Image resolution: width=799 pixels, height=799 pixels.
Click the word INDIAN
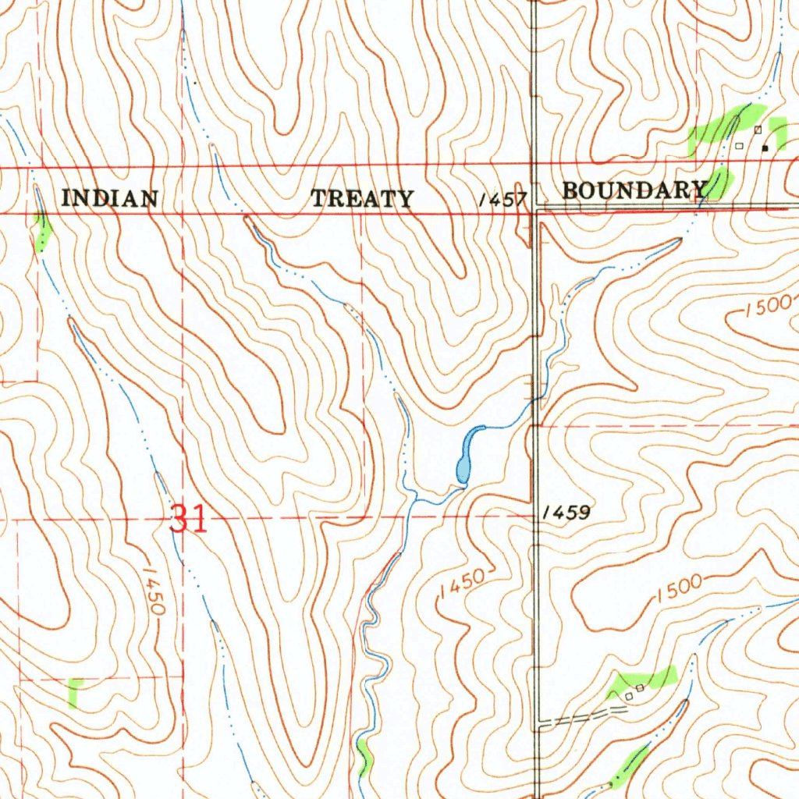coord(110,198)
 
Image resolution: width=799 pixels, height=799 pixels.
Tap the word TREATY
coord(362,199)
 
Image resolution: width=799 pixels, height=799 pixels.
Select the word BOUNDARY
coord(633,190)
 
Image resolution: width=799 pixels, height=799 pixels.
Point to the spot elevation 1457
coord(504,201)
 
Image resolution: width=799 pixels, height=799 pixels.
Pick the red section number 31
coord(189,518)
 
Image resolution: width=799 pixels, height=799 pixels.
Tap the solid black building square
coord(765,147)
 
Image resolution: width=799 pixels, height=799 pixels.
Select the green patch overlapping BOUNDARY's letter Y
coord(717,183)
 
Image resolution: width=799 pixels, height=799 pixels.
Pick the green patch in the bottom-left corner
coord(74,691)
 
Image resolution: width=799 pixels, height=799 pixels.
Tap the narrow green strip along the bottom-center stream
coord(363,758)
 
